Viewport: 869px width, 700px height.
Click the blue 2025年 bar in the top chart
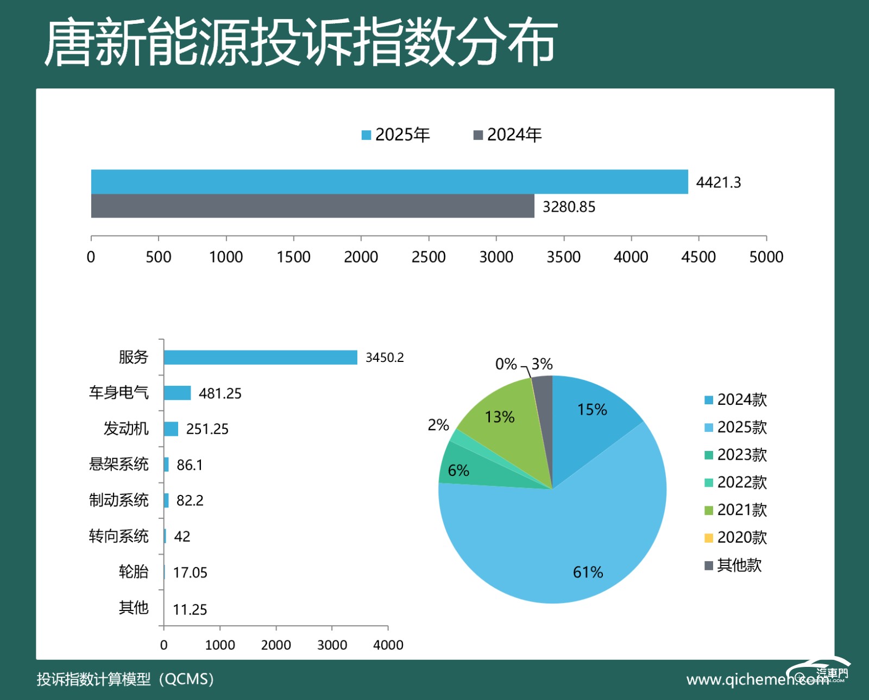tap(389, 182)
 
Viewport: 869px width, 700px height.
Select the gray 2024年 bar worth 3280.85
tap(312, 206)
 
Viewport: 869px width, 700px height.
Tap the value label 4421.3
tap(718, 182)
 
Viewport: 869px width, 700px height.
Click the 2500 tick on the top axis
tap(429, 257)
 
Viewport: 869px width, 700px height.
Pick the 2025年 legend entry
tap(396, 135)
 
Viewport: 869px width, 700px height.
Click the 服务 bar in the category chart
tap(260, 357)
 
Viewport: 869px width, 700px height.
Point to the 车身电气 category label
tap(118, 392)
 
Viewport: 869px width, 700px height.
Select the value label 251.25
tap(207, 429)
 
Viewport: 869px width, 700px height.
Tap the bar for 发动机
tap(171, 429)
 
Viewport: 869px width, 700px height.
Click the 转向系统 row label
tap(118, 536)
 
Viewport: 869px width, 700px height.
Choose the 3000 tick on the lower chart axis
tap(332, 645)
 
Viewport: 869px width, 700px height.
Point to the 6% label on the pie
tap(458, 470)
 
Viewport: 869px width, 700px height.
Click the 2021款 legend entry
tap(735, 510)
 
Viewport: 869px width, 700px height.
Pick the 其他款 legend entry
tap(733, 565)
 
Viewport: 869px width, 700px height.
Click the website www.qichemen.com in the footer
tap(757, 679)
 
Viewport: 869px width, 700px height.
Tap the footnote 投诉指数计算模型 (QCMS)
tap(125, 679)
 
